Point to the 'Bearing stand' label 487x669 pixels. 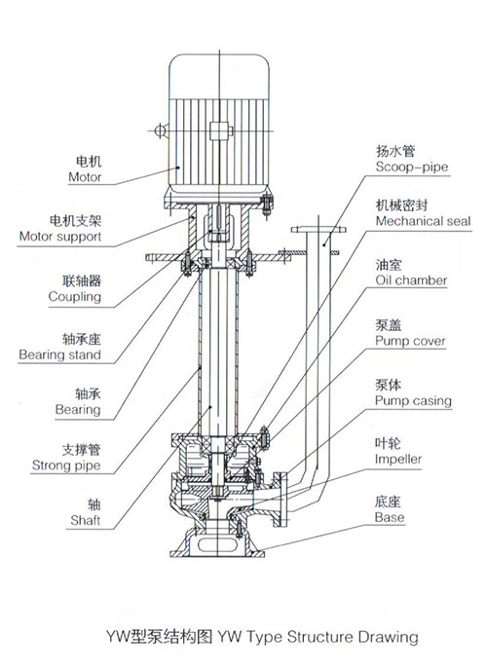(x=59, y=354)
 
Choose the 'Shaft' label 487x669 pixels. (x=85, y=521)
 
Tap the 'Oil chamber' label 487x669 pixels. (x=411, y=280)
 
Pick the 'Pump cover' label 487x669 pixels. (x=410, y=342)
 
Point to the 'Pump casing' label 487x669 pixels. (x=412, y=400)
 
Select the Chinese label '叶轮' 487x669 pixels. (x=388, y=440)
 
